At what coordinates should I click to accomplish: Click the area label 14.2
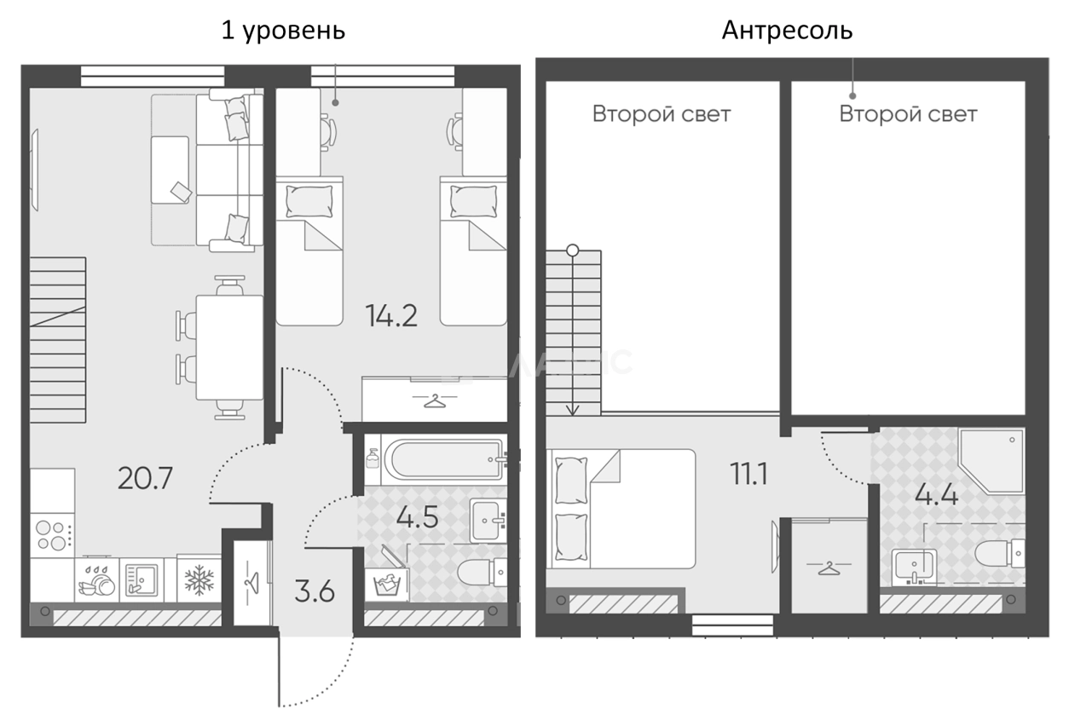click(391, 316)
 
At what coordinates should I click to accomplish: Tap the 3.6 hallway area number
click(315, 591)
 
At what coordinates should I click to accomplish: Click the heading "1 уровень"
click(283, 31)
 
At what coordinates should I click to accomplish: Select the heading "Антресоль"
click(787, 31)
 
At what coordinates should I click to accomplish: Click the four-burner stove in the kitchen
click(52, 537)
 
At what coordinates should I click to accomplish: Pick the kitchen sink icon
click(139, 580)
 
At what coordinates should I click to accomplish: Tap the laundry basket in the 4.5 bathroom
click(385, 584)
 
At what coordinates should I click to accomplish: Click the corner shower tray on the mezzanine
click(993, 461)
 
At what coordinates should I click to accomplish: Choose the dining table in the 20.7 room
click(228, 348)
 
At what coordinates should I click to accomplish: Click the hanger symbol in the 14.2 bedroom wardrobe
click(435, 399)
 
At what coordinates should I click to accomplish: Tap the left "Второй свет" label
click(662, 114)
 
